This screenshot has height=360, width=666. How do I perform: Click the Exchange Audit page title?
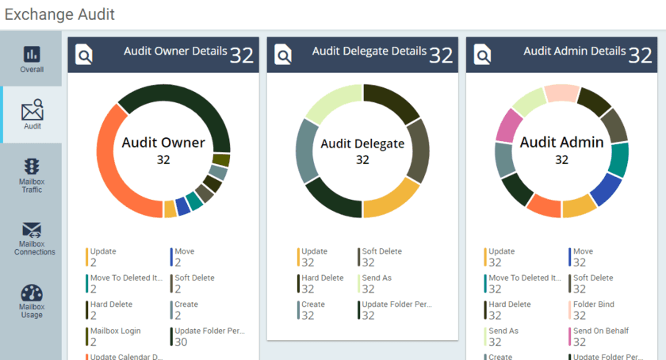click(x=59, y=14)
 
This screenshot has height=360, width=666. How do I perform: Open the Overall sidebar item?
click(x=32, y=59)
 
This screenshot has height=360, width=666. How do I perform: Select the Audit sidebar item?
click(x=32, y=115)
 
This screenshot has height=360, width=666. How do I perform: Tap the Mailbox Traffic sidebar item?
click(x=32, y=175)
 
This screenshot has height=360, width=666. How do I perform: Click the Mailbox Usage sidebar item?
click(x=32, y=301)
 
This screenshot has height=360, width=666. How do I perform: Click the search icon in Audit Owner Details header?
click(x=84, y=54)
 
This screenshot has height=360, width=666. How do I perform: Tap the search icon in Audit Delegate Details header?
click(x=283, y=54)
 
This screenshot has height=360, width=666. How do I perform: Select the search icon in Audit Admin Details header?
click(x=482, y=54)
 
